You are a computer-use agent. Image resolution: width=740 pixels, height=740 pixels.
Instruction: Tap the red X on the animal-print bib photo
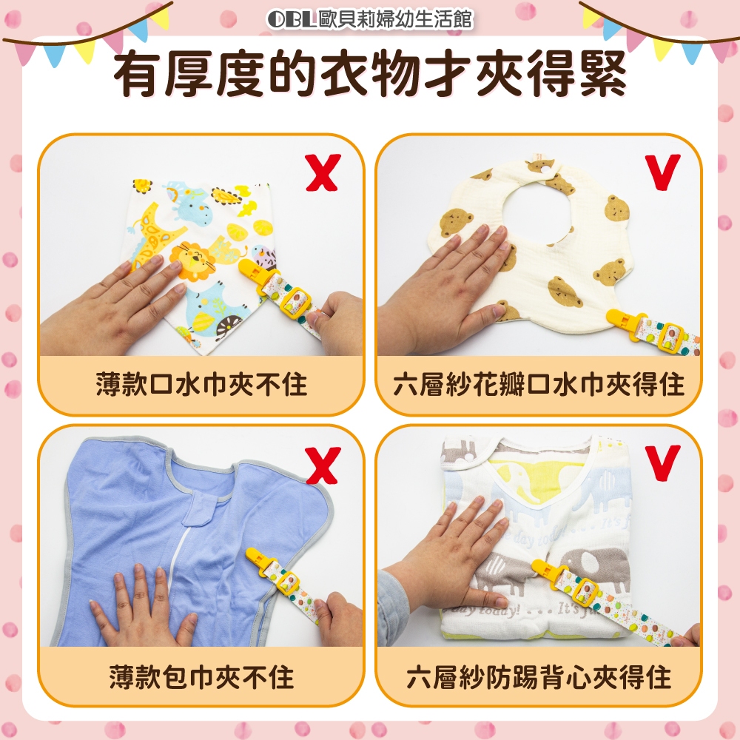tap(323, 172)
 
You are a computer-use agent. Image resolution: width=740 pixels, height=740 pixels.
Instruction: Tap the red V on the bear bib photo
tap(663, 172)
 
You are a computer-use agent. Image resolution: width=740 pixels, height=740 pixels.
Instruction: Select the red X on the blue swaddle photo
tap(323, 465)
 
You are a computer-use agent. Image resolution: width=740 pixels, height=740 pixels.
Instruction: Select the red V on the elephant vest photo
tap(663, 462)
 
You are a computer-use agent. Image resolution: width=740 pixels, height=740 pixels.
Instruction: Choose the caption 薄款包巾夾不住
tap(201, 677)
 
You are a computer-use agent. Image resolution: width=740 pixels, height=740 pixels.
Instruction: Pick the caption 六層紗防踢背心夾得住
tap(539, 677)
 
